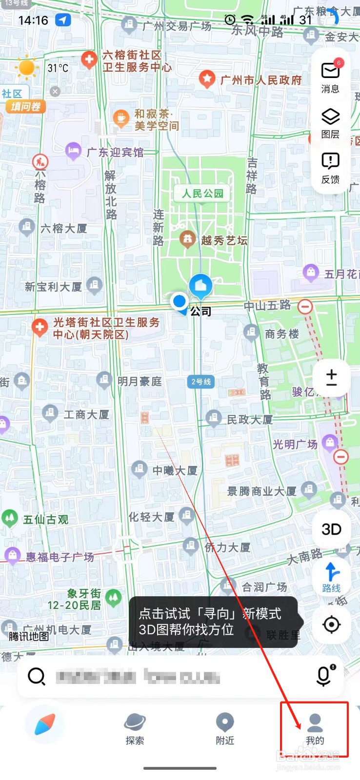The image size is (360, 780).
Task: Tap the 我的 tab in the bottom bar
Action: point(315,729)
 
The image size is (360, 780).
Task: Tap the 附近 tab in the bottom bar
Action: point(225,729)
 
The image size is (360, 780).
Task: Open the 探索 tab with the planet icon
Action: point(135,729)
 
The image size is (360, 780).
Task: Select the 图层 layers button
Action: point(330,122)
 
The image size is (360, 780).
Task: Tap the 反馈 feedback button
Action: point(330,167)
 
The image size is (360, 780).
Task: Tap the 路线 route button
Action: point(331,577)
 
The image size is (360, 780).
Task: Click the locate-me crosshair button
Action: point(331,624)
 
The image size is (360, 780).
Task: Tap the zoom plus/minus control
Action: point(331,377)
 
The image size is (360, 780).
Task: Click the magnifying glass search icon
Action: point(37,676)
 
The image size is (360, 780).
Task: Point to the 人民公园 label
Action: point(202,194)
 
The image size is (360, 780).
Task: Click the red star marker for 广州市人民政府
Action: point(207,78)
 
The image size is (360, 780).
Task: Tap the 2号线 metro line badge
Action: point(200,382)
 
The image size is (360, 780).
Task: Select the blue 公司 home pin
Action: point(200,286)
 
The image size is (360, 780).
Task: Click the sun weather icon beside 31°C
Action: point(27,68)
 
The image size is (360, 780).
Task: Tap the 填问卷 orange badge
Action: point(25,106)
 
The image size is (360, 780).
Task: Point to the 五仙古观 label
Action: point(45,519)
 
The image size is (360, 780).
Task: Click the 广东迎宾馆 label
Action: point(115,153)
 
